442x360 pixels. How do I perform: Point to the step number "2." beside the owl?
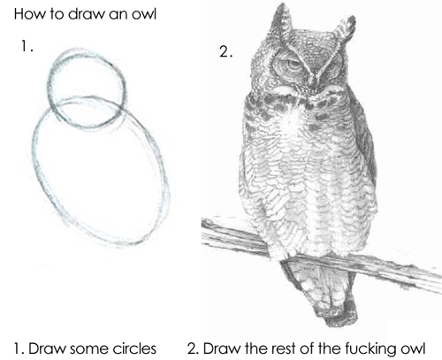[225, 51]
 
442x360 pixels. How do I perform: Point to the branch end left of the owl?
[210, 232]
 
